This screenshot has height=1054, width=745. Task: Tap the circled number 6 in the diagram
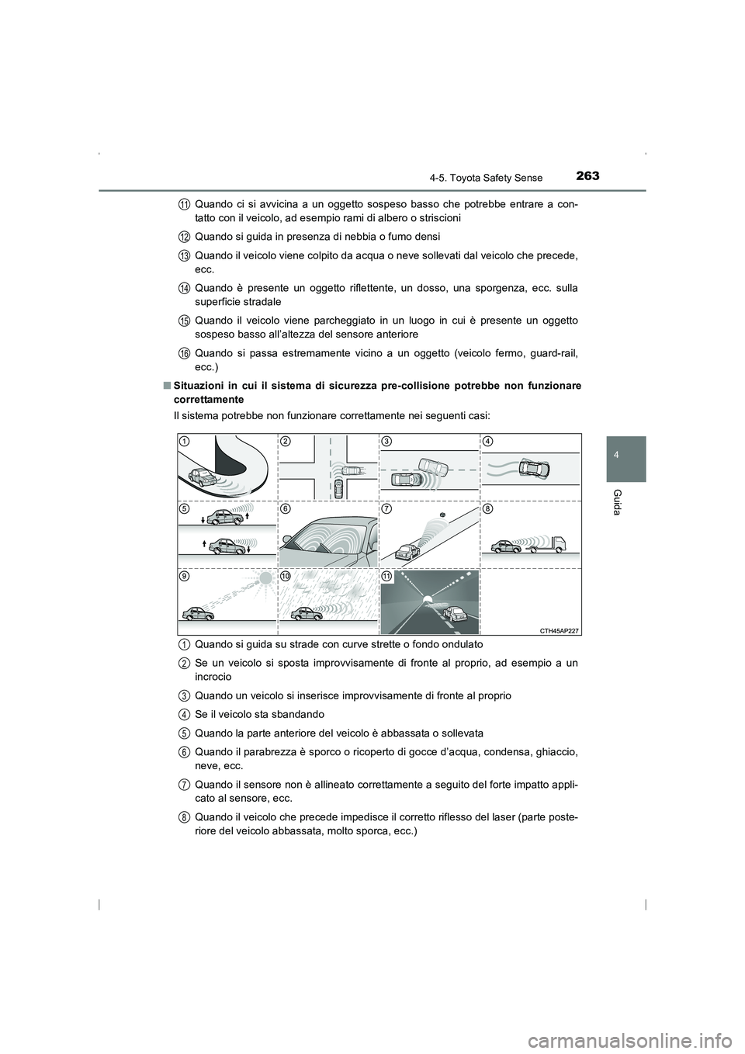click(x=286, y=508)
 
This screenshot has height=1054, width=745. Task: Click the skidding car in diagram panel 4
click(x=535, y=468)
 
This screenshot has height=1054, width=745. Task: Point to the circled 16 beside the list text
click(x=185, y=354)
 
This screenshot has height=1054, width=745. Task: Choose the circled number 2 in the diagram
click(x=286, y=441)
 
